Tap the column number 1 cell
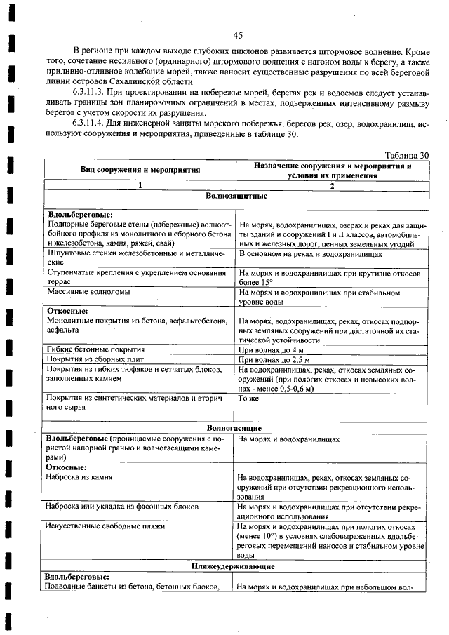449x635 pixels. [x=140, y=186]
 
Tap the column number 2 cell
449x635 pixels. [x=333, y=186]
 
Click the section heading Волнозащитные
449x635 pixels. [x=235, y=197]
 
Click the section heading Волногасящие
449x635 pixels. [x=235, y=427]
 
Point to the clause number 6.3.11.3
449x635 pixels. [x=95, y=93]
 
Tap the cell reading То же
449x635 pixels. [x=248, y=398]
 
